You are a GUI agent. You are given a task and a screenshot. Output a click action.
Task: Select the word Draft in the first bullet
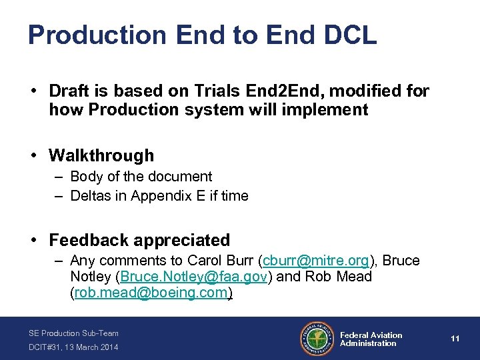coord(71,91)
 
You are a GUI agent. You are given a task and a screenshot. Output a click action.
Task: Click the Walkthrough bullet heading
coord(101,155)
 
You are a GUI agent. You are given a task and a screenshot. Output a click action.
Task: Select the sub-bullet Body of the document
coord(141,177)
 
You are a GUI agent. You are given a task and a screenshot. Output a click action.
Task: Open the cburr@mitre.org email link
coord(316,260)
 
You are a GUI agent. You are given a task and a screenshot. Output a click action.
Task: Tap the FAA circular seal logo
coord(317,339)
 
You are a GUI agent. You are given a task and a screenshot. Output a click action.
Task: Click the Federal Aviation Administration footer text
coord(371,339)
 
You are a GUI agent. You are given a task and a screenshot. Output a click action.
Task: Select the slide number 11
coord(455,339)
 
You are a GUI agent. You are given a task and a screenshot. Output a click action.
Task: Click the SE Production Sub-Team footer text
coord(73,333)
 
